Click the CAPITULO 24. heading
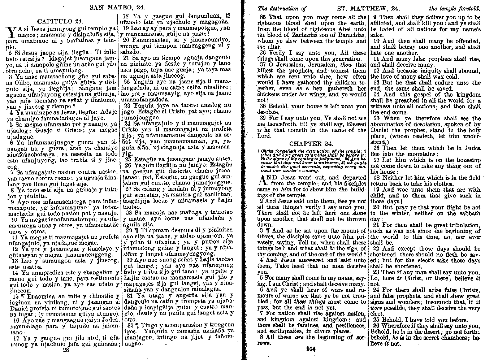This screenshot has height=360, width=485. coord(60,21)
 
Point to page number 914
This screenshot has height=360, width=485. coord(310,349)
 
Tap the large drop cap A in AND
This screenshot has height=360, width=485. coord(264,181)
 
